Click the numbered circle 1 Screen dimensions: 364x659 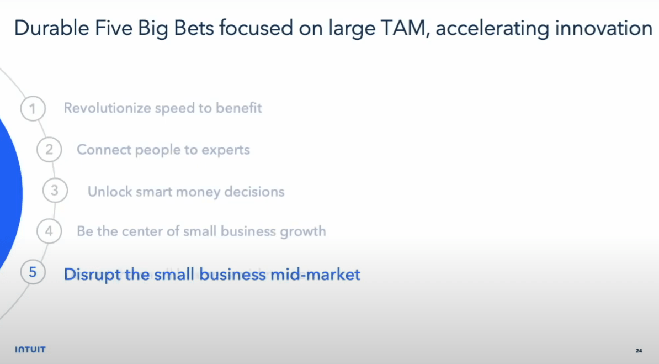(x=33, y=108)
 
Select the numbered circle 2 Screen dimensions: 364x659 (x=49, y=150)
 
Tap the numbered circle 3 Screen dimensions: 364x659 (x=55, y=191)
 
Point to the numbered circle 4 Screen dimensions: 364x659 (x=49, y=231)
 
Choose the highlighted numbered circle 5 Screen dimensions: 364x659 (x=33, y=273)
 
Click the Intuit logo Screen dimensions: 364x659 (x=30, y=350)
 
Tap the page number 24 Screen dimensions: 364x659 (x=639, y=351)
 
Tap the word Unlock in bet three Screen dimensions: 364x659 (x=108, y=192)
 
